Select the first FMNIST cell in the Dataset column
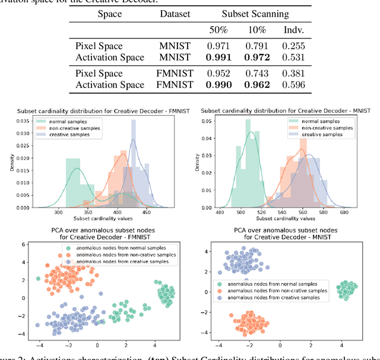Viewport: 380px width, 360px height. click(x=177, y=74)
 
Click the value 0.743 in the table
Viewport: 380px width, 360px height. click(x=256, y=74)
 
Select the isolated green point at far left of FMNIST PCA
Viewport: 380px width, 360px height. click(x=39, y=278)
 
